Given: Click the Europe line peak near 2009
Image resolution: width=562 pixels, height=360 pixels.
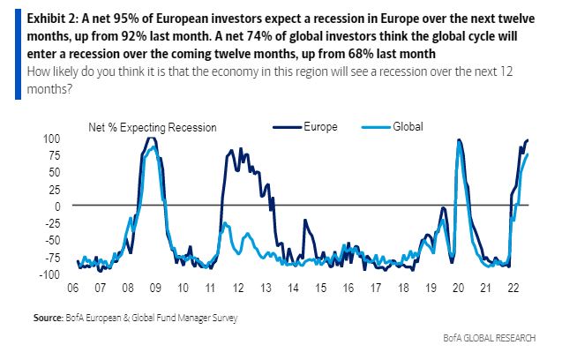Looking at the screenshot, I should tap(151, 138).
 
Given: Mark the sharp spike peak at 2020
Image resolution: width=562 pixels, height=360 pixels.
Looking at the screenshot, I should tap(459, 139).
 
